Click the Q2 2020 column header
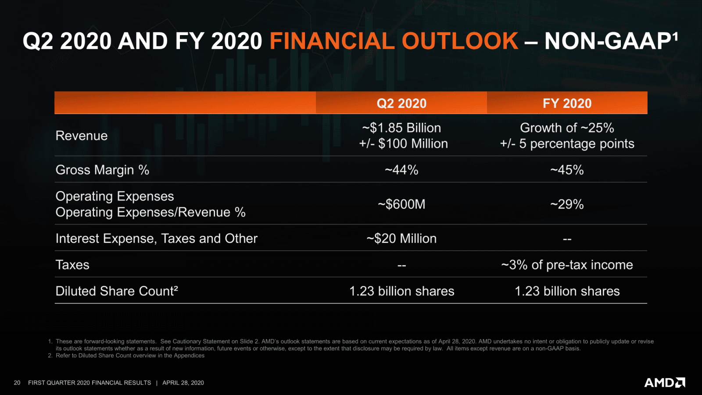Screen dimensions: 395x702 (x=401, y=104)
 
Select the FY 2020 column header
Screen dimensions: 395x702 (x=567, y=104)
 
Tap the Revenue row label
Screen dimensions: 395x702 (x=82, y=136)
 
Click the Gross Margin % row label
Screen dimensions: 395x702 (x=102, y=170)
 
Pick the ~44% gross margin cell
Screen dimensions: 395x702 (x=401, y=170)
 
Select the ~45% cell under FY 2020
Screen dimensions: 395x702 (x=567, y=170)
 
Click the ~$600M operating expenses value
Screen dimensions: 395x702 (x=401, y=204)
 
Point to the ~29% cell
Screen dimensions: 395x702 (x=567, y=204)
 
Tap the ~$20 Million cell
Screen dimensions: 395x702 (x=401, y=238)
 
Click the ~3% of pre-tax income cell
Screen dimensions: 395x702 (x=567, y=265)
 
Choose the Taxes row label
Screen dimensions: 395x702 (x=72, y=265)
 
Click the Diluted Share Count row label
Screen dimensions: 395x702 (x=116, y=291)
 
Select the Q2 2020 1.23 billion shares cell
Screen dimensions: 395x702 (x=401, y=291)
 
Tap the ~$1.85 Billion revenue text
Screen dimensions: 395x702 (x=401, y=128)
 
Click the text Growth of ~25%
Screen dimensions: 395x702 (x=567, y=128)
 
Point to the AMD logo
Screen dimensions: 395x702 (x=664, y=383)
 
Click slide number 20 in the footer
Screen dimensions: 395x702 (x=17, y=383)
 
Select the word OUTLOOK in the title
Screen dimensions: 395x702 (x=460, y=41)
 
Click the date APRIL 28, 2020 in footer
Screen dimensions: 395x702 (x=183, y=383)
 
